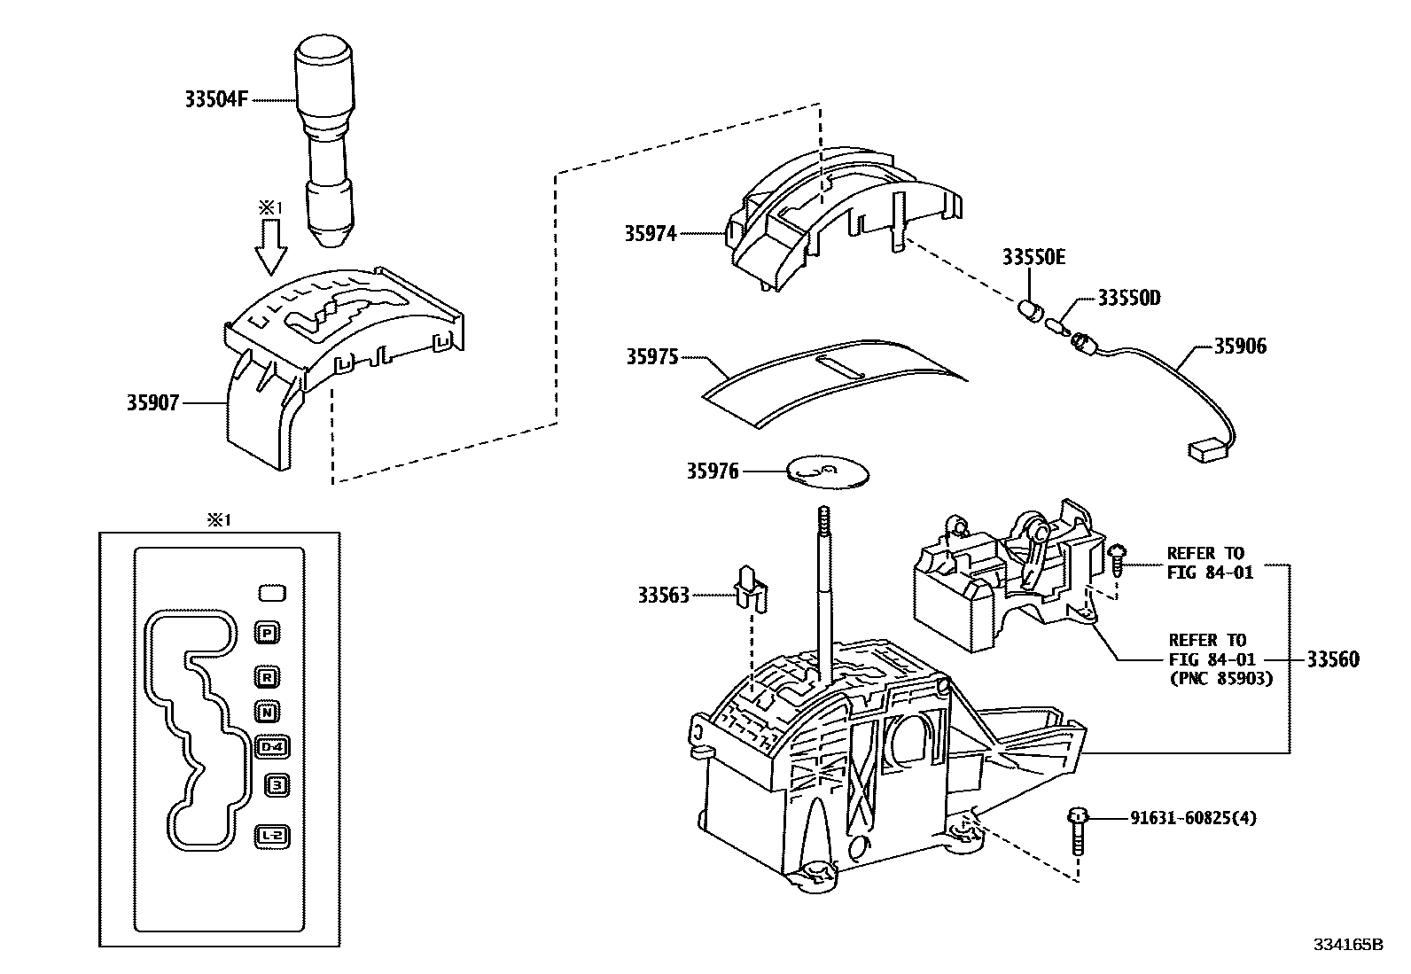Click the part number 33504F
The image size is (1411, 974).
[x=216, y=100]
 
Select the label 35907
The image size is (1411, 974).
[x=152, y=403]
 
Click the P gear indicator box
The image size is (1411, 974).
[x=267, y=632]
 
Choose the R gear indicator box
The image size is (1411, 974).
[x=267, y=678]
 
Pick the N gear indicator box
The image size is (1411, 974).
[x=267, y=711]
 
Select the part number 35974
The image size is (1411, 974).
[x=650, y=234]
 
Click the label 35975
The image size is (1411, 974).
[x=651, y=357]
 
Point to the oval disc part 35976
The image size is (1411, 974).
[x=828, y=472]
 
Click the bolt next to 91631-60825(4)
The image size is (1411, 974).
[x=1078, y=829]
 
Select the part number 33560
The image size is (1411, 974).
[x=1333, y=659]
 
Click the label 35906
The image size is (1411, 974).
[x=1240, y=347]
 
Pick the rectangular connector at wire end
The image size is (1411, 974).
[x=1206, y=450]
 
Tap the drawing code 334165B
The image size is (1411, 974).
[x=1348, y=945]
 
